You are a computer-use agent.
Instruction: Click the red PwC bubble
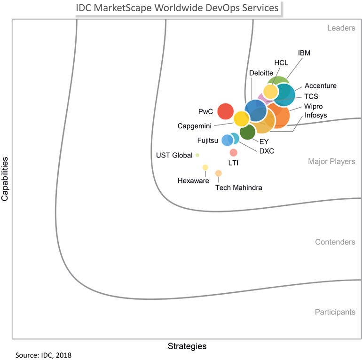point(226,111)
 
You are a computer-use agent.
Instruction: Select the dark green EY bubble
point(247,133)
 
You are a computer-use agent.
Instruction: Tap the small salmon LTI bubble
point(233,152)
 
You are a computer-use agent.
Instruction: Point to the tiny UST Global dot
point(197,155)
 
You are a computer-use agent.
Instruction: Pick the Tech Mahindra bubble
point(218,173)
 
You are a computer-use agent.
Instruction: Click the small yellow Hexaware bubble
point(205,167)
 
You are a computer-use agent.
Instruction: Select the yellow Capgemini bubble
point(241,118)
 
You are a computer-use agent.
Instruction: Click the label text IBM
point(304,53)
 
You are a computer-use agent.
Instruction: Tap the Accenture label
point(320,86)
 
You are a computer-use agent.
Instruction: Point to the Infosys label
point(315,115)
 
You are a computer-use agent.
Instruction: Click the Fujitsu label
point(208,140)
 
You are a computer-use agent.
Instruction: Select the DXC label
point(267,151)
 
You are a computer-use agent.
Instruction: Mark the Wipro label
point(313,106)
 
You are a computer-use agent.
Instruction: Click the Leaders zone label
point(341,28)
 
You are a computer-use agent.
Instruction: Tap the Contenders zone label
point(335,242)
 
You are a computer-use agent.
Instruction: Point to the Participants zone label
point(335,312)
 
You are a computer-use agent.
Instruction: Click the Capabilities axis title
point(5,179)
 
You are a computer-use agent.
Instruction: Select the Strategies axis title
point(187,346)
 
